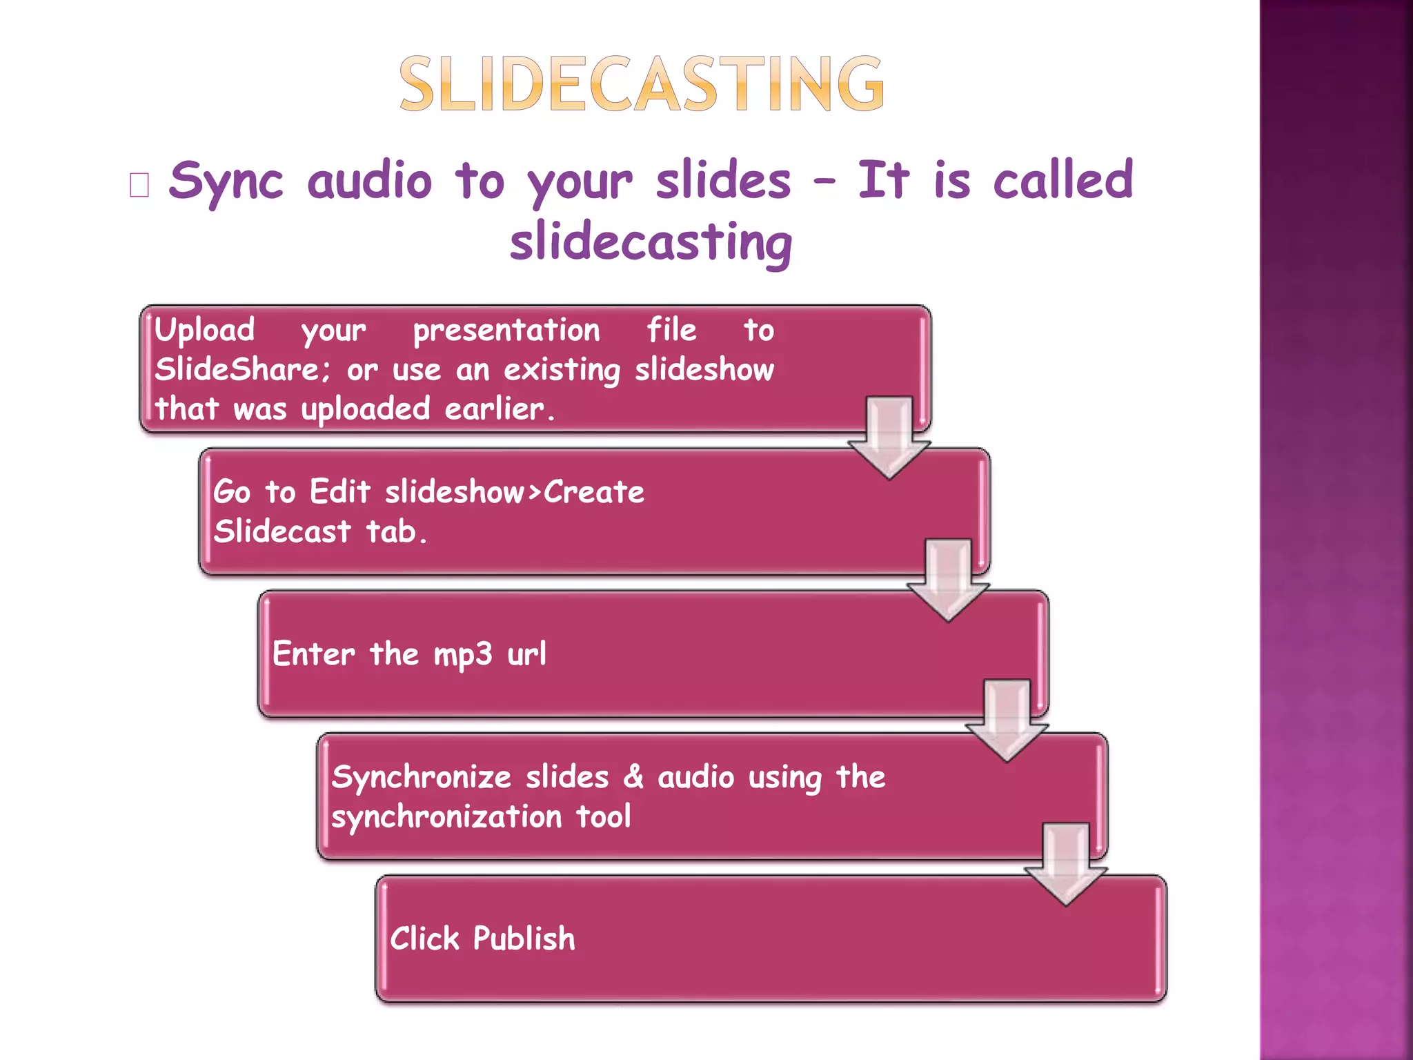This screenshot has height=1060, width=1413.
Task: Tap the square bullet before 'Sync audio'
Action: click(x=139, y=185)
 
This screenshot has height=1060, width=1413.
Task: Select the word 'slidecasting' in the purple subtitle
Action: click(x=651, y=243)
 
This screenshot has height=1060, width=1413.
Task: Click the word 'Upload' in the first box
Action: click(x=204, y=331)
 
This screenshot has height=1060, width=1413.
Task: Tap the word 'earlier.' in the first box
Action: click(x=500, y=409)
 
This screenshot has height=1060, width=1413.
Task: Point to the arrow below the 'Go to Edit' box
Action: click(x=948, y=580)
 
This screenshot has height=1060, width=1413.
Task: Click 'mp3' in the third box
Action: click(x=462, y=654)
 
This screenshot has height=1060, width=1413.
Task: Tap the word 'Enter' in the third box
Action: click(x=313, y=654)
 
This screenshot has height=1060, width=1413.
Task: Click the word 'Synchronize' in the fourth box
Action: click(x=421, y=778)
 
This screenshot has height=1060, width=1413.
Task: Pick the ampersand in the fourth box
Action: click(x=633, y=777)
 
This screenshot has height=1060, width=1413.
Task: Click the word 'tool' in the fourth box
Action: click(x=603, y=817)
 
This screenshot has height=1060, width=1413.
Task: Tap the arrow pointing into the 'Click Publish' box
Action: click(x=1066, y=863)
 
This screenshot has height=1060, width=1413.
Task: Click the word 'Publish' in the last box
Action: click(x=524, y=939)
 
